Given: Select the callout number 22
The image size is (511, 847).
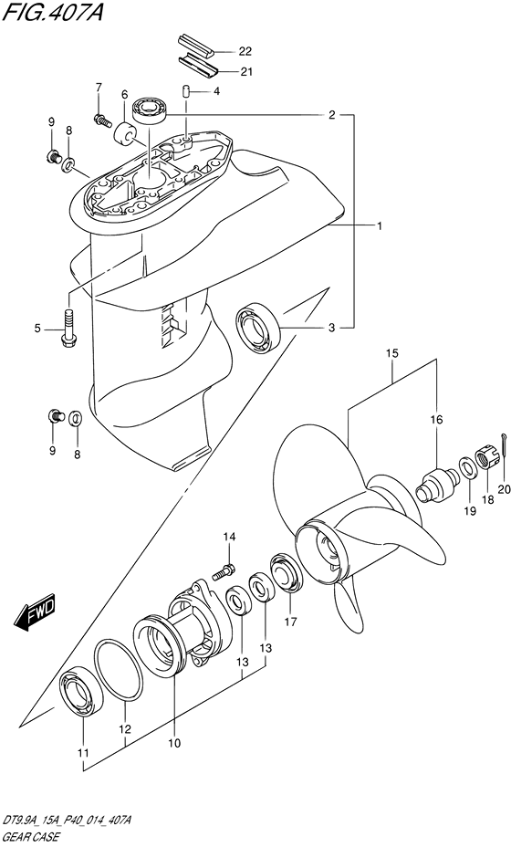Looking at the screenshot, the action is pyautogui.click(x=245, y=52).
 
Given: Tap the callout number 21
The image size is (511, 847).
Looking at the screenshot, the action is pyautogui.click(x=245, y=71).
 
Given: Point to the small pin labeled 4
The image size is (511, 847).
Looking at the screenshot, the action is pyautogui.click(x=184, y=92).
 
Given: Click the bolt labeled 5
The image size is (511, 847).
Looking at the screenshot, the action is pyautogui.click(x=68, y=328).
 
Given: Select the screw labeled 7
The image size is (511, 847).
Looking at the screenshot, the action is pyautogui.click(x=102, y=120).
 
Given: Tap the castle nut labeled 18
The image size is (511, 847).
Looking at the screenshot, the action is pyautogui.click(x=486, y=456).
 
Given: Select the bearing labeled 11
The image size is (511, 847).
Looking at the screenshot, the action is pyautogui.click(x=81, y=695).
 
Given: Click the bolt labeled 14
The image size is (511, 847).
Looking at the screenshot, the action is pyautogui.click(x=224, y=572).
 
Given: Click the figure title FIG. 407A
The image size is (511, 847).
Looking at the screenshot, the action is pyautogui.click(x=52, y=11).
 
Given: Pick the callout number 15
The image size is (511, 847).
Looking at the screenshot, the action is pyautogui.click(x=392, y=354).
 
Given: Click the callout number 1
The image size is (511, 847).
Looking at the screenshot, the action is pyautogui.click(x=380, y=226).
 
